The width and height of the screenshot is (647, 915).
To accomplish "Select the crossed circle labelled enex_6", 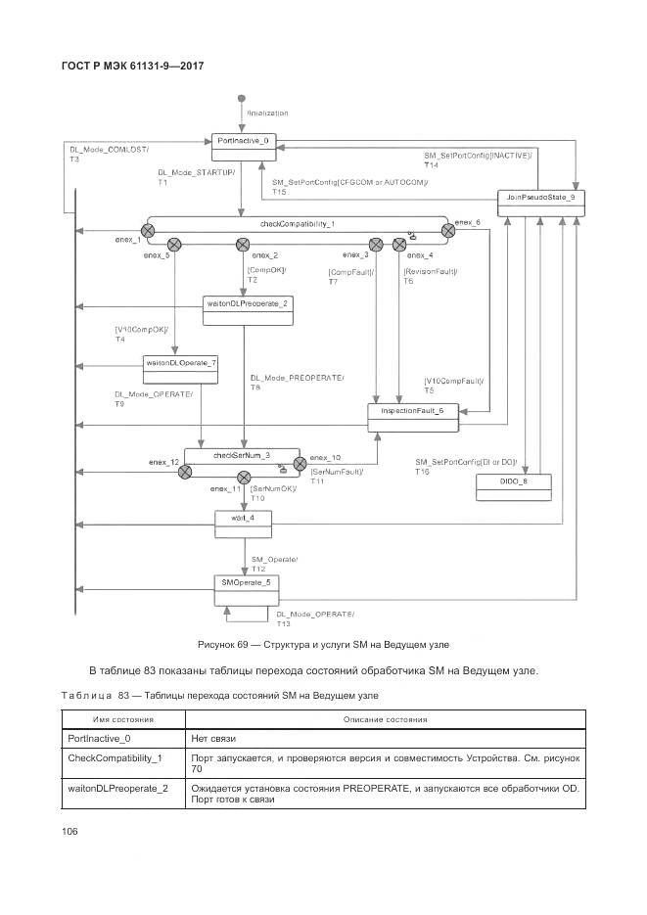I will (x=448, y=231).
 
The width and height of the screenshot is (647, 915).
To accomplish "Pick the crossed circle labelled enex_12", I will (x=184, y=472).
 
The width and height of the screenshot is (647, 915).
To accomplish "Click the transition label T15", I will (x=280, y=193).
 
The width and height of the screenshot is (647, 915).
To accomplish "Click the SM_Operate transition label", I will (x=274, y=559).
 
